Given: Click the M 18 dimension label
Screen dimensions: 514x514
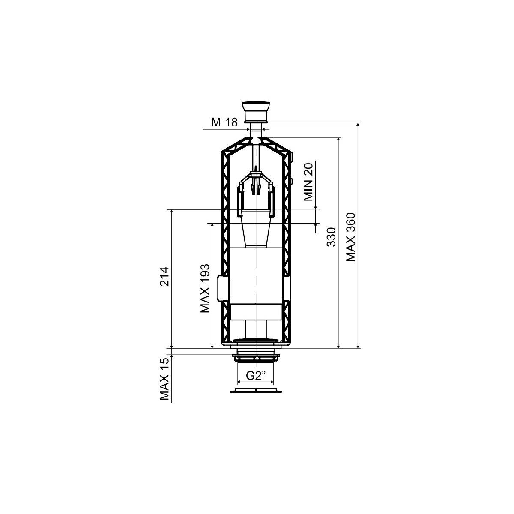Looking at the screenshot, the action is click(x=224, y=123).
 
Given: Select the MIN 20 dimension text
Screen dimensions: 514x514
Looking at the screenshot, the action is click(x=308, y=182).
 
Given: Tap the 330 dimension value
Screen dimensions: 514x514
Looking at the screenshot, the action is click(x=331, y=237).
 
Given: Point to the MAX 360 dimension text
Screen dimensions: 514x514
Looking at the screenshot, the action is click(x=351, y=237).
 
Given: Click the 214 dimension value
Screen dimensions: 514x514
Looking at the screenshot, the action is click(x=164, y=277).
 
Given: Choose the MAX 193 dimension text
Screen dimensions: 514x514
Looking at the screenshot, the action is click(x=205, y=288).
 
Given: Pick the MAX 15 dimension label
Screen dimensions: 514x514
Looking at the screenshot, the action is click(x=164, y=379).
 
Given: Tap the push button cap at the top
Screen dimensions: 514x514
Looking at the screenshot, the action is click(x=256, y=112).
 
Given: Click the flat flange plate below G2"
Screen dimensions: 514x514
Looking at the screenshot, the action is click(x=256, y=391).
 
